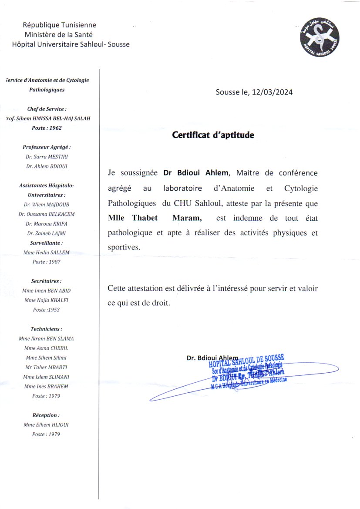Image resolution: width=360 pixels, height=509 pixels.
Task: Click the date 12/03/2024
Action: (x=272, y=92)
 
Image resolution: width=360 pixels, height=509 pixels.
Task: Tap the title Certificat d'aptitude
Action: (x=213, y=135)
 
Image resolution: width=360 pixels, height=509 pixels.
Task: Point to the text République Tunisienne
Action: (x=60, y=25)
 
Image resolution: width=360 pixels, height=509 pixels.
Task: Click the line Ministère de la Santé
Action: (x=59, y=34)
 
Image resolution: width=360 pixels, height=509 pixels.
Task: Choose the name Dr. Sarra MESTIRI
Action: (x=47, y=157)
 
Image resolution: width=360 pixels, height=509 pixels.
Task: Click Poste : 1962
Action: (x=47, y=128)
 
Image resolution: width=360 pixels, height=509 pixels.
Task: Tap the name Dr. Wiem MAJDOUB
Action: (x=47, y=205)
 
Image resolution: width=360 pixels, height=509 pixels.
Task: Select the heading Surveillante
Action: (x=47, y=243)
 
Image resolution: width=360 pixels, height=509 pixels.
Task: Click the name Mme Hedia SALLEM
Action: (x=47, y=253)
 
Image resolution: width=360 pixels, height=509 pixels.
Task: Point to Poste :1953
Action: (x=47, y=310)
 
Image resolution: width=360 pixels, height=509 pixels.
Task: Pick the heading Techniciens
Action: (x=47, y=329)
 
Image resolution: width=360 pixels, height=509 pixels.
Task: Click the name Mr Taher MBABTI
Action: (x=47, y=367)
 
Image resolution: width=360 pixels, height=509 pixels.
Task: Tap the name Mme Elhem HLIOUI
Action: (x=47, y=425)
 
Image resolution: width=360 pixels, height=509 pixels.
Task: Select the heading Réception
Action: (x=46, y=415)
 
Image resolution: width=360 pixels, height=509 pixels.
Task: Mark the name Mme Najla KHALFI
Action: (x=47, y=300)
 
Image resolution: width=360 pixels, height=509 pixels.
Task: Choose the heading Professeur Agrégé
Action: (x=46, y=148)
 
